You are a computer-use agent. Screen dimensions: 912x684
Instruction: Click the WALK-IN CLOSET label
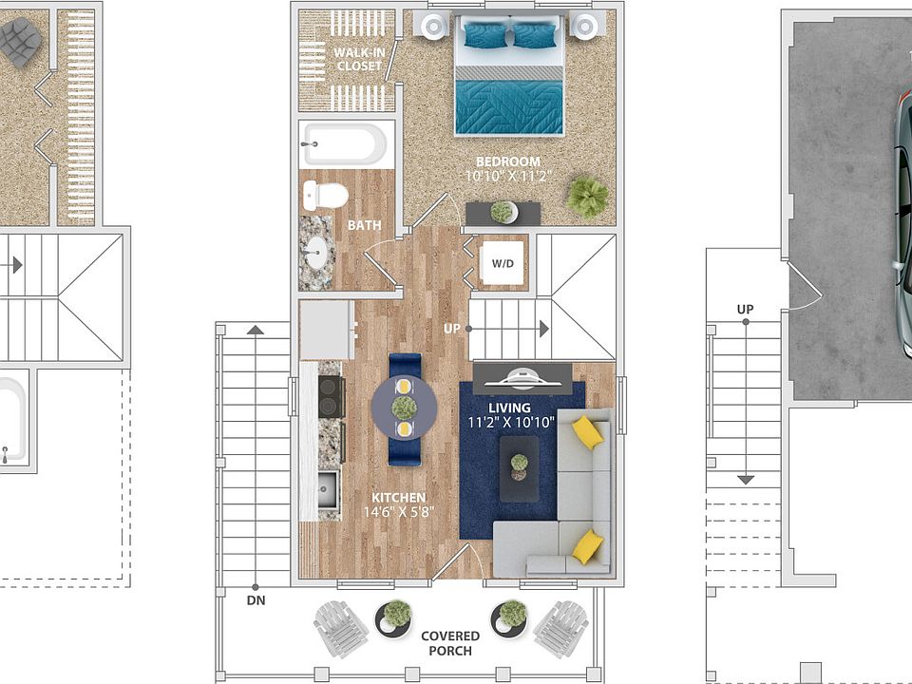point(359,59)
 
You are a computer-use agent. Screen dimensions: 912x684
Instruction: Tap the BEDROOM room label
point(507,161)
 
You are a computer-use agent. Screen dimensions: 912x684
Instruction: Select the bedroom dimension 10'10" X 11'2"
point(507,176)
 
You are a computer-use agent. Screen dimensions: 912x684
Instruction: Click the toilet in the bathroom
point(325,196)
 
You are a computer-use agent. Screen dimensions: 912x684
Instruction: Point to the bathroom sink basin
point(316,253)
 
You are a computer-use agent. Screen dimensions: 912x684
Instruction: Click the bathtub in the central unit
point(344,144)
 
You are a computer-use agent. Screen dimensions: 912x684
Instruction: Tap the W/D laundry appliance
point(503,263)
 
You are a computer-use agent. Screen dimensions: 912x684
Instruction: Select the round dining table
point(405,408)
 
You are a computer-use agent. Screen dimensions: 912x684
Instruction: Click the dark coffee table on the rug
point(519,468)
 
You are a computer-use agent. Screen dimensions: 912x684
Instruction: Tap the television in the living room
point(522,379)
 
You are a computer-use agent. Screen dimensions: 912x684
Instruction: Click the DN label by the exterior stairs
point(256,600)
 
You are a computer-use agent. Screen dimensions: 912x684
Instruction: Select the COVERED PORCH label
point(450,643)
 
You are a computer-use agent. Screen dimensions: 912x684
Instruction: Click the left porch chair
point(340,629)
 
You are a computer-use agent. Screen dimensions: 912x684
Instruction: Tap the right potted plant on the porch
point(510,617)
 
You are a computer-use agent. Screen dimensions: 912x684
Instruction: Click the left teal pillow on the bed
point(485,35)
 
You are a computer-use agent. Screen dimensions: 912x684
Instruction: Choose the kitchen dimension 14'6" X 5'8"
point(399,512)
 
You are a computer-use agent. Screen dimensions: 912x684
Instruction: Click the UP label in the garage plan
point(745,310)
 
